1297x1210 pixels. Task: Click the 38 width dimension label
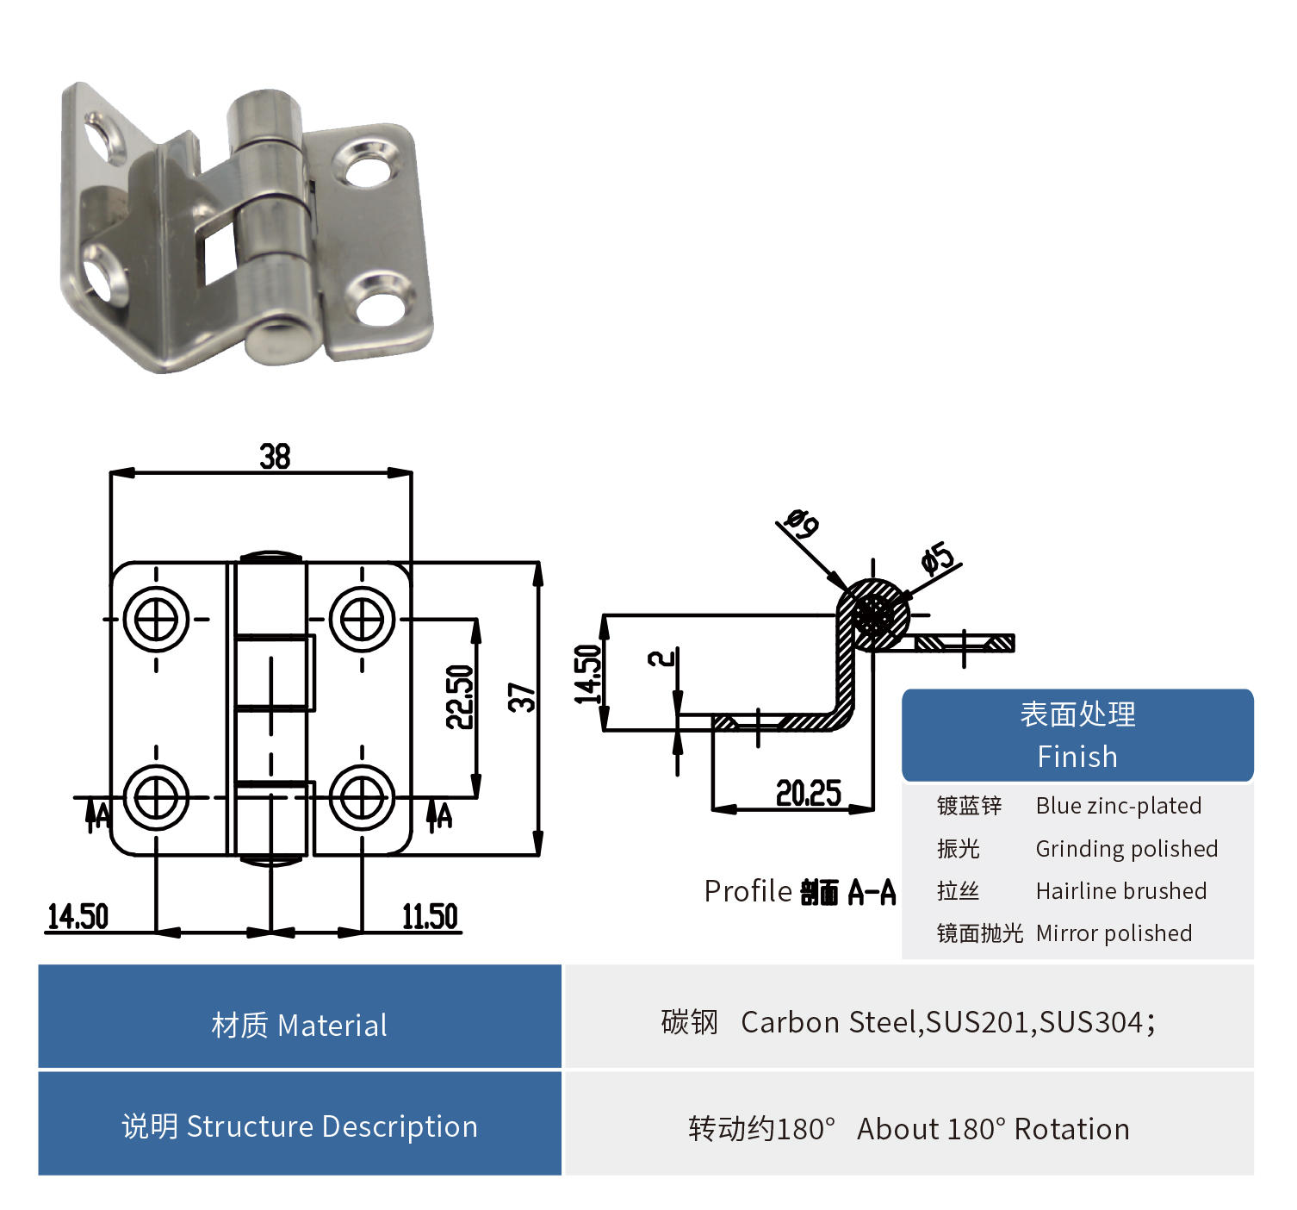tap(276, 457)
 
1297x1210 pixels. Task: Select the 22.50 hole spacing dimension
tap(460, 696)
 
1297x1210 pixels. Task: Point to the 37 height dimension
tap(522, 696)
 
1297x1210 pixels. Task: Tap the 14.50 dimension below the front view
tap(78, 917)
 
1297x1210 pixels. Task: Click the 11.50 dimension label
tap(430, 917)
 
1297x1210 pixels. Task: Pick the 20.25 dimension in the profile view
tap(808, 793)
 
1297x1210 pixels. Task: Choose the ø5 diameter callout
tap(938, 558)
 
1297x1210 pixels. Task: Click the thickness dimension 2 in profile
tap(661, 659)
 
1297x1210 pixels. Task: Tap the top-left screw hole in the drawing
tap(156, 619)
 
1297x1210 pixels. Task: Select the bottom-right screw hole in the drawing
tap(363, 798)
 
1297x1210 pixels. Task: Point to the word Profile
tap(748, 891)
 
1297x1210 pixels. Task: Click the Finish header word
tap(1077, 757)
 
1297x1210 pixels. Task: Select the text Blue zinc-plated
tap(1118, 806)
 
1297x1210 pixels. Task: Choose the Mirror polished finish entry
tap(1114, 933)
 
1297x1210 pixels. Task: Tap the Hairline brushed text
tap(1120, 891)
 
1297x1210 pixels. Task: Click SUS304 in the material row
tap(1091, 1022)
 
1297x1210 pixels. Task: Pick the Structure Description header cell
tap(300, 1126)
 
